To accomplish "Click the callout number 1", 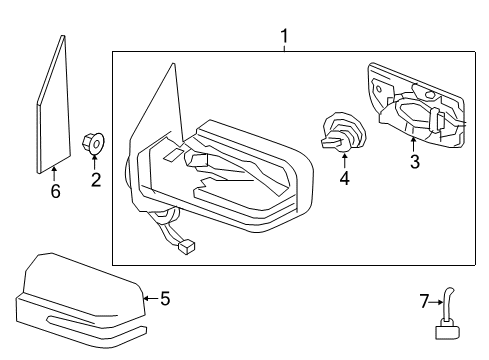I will pyautogui.click(x=285, y=37).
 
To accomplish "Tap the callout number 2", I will pyautogui.click(x=96, y=180).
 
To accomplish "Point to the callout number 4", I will pyautogui.click(x=344, y=181).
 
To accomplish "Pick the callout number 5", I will pyautogui.click(x=166, y=297).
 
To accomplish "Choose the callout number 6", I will pyautogui.click(x=55, y=191).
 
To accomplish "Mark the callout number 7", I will pyautogui.click(x=423, y=299).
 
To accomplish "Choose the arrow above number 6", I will pyautogui.click(x=55, y=172).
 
